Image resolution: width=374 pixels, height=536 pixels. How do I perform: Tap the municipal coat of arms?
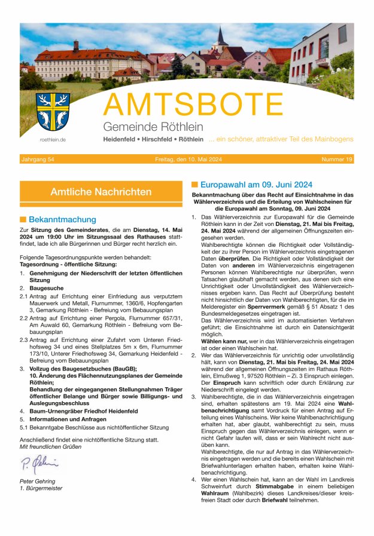coord(52,112)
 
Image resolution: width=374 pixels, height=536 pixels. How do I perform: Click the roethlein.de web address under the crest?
coord(53,139)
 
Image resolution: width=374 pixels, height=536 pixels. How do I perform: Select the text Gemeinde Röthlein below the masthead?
coord(153,127)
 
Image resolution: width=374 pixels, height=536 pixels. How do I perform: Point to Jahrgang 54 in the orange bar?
coord(38,160)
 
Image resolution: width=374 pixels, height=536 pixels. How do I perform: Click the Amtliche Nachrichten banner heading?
coord(101,192)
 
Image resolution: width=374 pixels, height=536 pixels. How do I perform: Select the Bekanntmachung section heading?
coord(62,219)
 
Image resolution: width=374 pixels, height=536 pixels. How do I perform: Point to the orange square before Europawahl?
coord(194,185)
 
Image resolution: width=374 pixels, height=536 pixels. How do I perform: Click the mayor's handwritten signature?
coord(39,463)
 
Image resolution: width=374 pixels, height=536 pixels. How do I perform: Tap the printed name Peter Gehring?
coord(37,480)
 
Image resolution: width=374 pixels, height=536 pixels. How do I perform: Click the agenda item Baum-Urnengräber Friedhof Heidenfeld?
coord(84,411)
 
